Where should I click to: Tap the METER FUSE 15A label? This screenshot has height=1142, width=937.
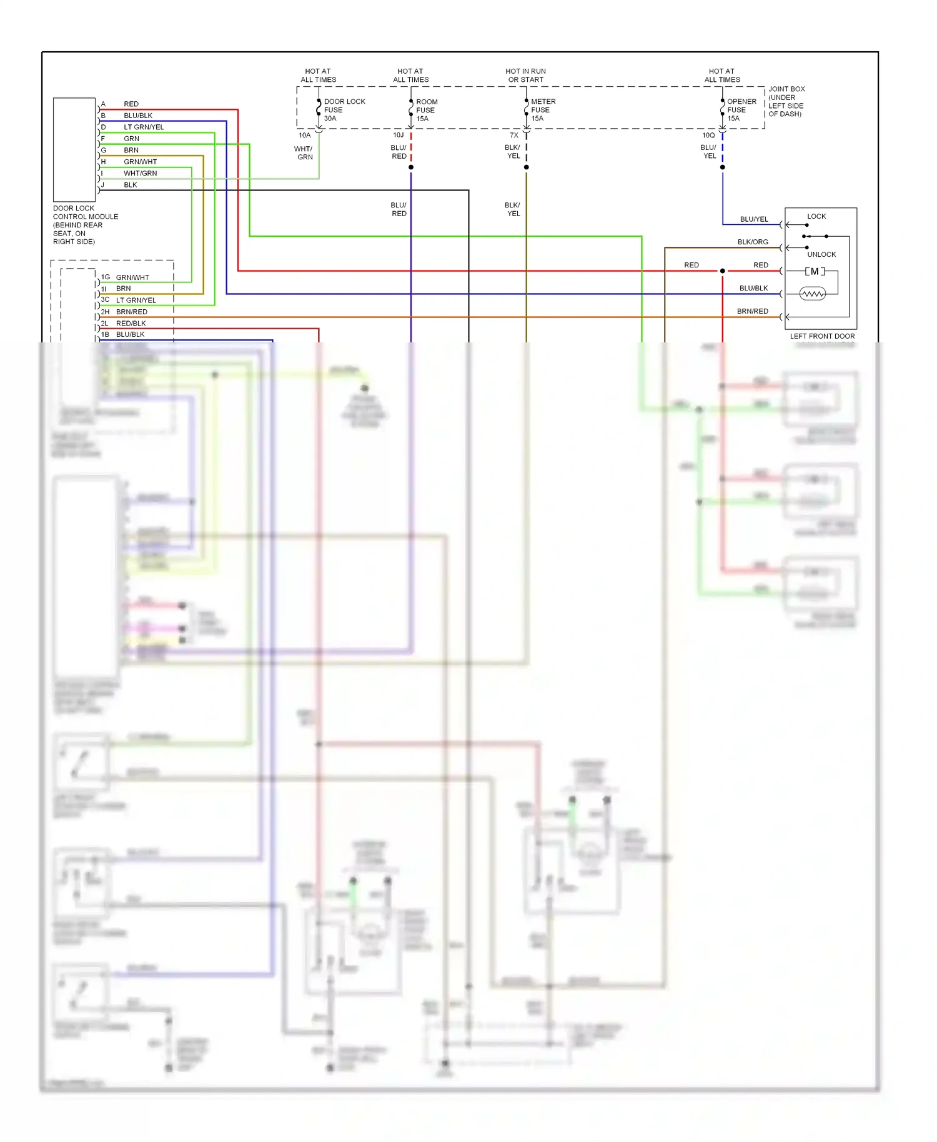pyautogui.click(x=542, y=110)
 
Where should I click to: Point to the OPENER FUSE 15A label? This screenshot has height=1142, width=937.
pyautogui.click(x=741, y=110)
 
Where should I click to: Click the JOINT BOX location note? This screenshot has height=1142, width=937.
pyautogui.click(x=786, y=101)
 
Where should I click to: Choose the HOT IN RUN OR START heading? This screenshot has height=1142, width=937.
pyautogui.click(x=525, y=76)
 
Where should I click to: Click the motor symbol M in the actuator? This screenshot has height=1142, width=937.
pyautogui.click(x=815, y=271)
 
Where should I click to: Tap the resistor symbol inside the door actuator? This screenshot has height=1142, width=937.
pyautogui.click(x=812, y=294)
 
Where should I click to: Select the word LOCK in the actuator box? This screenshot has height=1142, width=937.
pyautogui.click(x=816, y=216)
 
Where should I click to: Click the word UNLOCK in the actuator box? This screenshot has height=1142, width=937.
pyautogui.click(x=821, y=254)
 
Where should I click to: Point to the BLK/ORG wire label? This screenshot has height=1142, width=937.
pyautogui.click(x=752, y=242)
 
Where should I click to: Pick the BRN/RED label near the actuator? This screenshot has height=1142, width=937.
pyautogui.click(x=752, y=311)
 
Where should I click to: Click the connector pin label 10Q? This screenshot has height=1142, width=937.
pyautogui.click(x=708, y=135)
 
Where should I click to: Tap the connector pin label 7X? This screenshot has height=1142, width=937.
pyautogui.click(x=513, y=135)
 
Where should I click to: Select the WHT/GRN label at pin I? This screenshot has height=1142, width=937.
pyautogui.click(x=140, y=173)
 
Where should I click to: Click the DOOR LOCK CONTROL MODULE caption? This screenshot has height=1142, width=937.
pyautogui.click(x=85, y=225)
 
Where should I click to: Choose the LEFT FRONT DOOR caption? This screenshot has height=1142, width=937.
pyautogui.click(x=822, y=336)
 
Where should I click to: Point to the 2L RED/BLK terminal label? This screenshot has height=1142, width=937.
pyautogui.click(x=124, y=323)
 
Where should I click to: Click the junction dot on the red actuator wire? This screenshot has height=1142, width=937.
pyautogui.click(x=723, y=271)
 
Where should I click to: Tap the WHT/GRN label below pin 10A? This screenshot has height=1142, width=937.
pyautogui.click(x=304, y=153)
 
